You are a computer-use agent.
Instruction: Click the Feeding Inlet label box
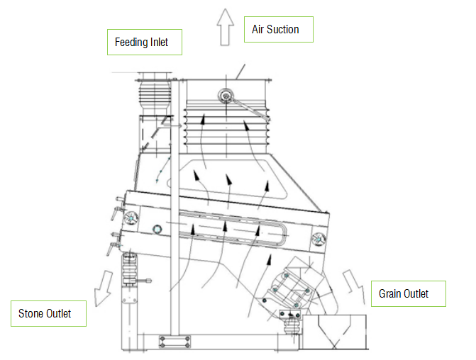(145, 42)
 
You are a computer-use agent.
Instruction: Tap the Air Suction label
(279, 30)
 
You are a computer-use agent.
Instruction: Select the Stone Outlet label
(48, 314)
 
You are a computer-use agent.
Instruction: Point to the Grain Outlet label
(409, 293)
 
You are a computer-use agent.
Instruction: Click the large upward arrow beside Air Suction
(226, 27)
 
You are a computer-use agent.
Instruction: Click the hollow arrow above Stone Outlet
(103, 288)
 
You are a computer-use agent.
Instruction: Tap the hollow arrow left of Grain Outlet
(354, 286)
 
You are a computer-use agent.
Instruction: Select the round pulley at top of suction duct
(226, 96)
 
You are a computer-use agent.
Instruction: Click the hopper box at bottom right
(334, 332)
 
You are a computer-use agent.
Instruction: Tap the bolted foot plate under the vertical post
(175, 342)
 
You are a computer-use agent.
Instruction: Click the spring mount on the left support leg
(130, 269)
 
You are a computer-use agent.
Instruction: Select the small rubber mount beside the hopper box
(292, 326)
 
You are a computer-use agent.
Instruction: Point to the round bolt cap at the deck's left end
(131, 218)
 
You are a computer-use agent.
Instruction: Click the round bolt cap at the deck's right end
(319, 240)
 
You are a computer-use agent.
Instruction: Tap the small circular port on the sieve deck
(157, 229)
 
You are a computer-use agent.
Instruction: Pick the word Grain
(389, 293)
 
